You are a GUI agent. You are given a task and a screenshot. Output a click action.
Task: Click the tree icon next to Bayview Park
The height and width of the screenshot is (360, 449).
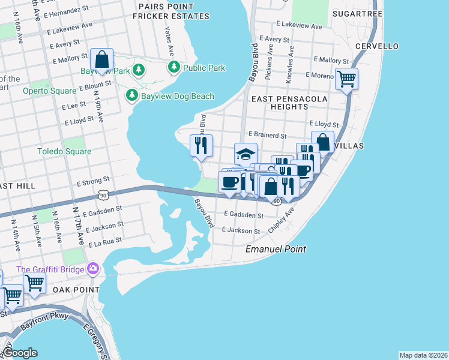(139, 70)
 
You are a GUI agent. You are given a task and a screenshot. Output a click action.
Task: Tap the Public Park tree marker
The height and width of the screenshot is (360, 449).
(174, 67)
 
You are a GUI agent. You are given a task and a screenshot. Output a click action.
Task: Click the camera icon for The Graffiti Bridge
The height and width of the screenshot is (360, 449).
(92, 268)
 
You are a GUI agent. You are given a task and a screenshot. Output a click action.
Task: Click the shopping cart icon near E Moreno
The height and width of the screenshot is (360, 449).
(346, 78)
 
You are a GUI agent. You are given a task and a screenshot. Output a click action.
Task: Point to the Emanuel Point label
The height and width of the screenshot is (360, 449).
(276, 248)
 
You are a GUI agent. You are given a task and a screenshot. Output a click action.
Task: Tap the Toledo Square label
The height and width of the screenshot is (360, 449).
(65, 151)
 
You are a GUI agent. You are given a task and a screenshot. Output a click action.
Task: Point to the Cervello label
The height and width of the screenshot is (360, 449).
(376, 46)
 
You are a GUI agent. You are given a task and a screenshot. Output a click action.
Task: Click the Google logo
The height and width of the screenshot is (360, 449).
(20, 353)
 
